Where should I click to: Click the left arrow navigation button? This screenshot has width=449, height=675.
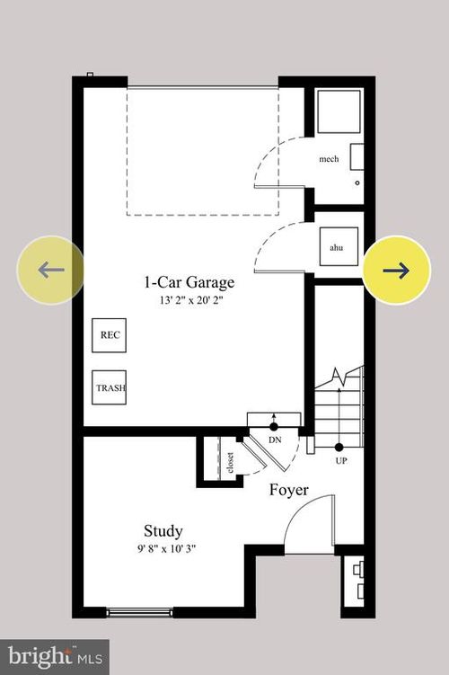tap(51, 270)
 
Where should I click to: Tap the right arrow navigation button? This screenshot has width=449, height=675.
tap(396, 270)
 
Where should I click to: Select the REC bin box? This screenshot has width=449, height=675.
tap(110, 335)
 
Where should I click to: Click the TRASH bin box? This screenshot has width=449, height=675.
tap(110, 388)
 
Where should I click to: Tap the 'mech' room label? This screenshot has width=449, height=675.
tap(329, 159)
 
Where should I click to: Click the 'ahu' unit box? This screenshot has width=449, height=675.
tap(337, 246)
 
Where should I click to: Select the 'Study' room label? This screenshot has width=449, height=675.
tap(163, 530)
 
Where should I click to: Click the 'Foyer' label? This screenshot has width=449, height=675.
tap(289, 491)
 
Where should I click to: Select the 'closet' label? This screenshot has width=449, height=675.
tap(231, 461)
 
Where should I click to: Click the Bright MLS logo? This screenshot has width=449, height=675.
tap(54, 656)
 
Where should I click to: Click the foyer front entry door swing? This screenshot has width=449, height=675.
tap(305, 526)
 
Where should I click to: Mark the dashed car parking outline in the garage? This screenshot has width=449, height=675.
tap(202, 151)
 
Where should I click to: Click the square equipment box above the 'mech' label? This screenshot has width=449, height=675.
tap(338, 111)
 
